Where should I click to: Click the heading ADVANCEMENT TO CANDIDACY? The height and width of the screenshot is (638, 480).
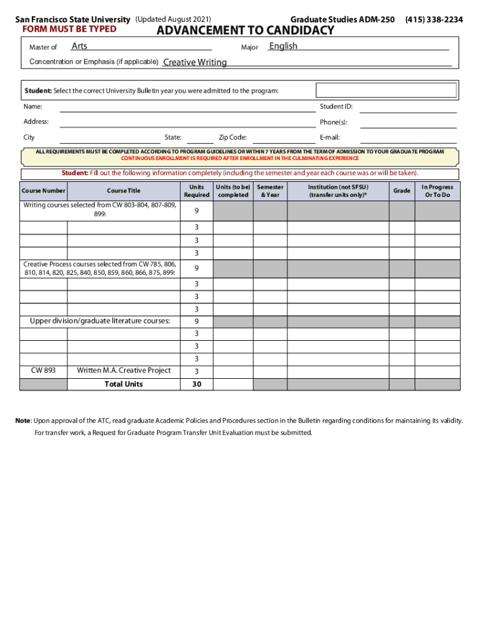click(x=245, y=31)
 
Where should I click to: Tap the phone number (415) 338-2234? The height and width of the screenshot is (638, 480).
click(x=434, y=19)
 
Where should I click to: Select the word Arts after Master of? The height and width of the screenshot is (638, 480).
click(x=79, y=46)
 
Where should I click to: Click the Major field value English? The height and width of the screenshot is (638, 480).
click(x=283, y=46)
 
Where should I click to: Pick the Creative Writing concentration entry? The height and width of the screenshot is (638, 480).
click(x=195, y=62)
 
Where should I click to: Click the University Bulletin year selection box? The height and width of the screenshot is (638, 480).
click(x=386, y=91)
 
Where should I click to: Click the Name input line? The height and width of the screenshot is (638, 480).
click(x=187, y=107)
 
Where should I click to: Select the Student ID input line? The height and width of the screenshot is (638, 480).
click(x=408, y=107)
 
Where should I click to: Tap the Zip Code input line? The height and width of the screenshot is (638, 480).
click(x=284, y=138)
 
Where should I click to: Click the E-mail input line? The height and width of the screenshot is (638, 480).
click(x=408, y=138)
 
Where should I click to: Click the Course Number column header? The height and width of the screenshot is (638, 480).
click(x=44, y=191)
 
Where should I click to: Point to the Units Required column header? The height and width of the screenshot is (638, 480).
click(x=196, y=191)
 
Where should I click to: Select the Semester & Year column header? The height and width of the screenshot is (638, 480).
click(x=270, y=191)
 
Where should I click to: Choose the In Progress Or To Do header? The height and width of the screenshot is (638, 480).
click(x=437, y=191)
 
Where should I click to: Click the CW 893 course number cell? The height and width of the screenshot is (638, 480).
click(x=44, y=370)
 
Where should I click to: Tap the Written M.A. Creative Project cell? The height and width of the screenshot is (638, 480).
click(x=123, y=370)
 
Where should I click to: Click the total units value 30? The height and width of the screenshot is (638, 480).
click(x=196, y=384)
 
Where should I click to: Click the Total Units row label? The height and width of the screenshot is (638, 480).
click(x=123, y=384)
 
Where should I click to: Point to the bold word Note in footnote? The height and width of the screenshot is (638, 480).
click(x=23, y=421)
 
